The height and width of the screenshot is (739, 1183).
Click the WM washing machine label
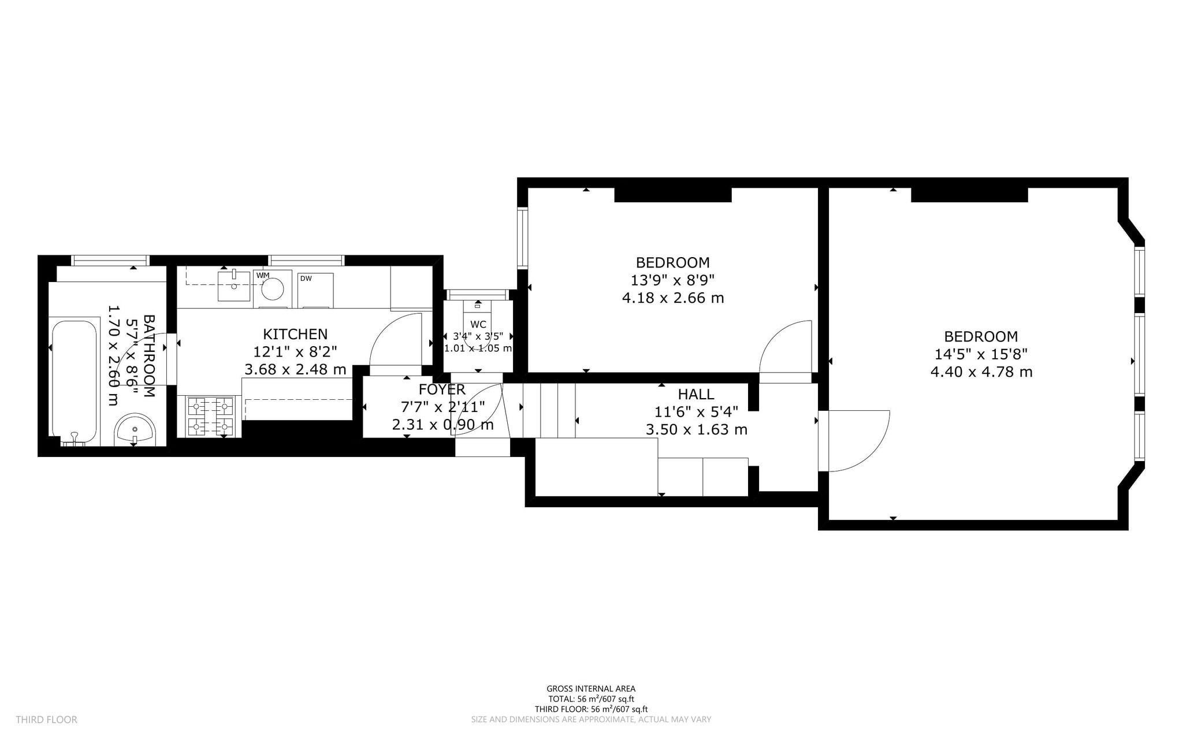[x=263, y=275]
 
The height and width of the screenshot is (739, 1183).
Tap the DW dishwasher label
[x=306, y=278]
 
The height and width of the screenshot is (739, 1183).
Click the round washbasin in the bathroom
[x=135, y=430]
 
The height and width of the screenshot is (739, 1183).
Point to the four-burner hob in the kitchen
[x=210, y=416]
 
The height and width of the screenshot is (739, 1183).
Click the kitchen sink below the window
[x=234, y=286]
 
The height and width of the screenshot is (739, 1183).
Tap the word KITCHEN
[x=295, y=334]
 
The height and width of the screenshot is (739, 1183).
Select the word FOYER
[x=442, y=389]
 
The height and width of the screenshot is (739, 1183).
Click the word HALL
[x=696, y=394]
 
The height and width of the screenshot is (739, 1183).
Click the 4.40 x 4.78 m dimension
[x=981, y=372]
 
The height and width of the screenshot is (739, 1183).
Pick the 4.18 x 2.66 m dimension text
[x=672, y=298]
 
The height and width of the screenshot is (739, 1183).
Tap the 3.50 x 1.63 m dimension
[x=696, y=430]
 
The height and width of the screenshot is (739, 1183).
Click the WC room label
[x=478, y=324]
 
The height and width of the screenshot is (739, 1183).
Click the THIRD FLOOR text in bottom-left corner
[x=46, y=719]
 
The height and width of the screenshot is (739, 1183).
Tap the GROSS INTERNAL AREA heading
[x=590, y=688]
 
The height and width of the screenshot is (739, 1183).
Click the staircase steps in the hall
[x=549, y=410]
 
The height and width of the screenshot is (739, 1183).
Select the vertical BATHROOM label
[x=148, y=356]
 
